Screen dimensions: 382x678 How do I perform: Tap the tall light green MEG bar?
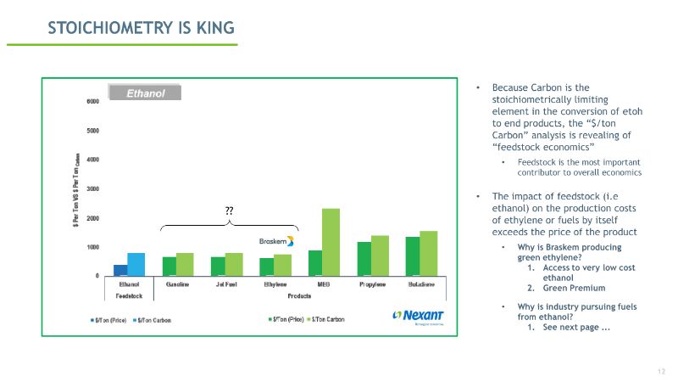[330, 242]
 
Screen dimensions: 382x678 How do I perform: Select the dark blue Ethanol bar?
[121, 270]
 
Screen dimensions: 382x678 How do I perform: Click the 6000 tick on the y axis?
[92, 101]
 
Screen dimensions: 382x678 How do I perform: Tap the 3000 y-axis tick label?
[92, 188]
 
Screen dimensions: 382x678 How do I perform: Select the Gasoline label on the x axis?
[178, 284]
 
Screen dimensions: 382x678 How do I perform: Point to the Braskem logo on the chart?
[276, 240]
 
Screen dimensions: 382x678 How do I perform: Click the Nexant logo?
[418, 315]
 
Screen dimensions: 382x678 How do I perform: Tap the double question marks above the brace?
[229, 210]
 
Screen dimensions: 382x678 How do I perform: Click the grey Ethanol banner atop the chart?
[145, 93]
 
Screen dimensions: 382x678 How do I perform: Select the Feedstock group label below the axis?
[130, 295]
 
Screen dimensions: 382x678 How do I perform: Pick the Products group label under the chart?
[299, 295]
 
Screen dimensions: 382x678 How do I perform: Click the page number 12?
[661, 372]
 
